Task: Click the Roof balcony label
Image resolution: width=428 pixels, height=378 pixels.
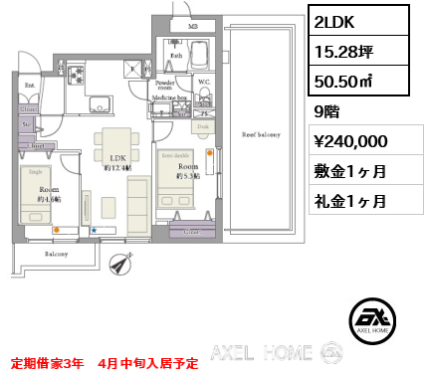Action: (x=261, y=133)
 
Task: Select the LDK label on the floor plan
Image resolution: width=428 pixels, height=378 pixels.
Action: (x=117, y=158)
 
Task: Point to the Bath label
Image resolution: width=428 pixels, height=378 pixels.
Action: (x=175, y=57)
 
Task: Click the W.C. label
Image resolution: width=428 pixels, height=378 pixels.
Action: (x=204, y=82)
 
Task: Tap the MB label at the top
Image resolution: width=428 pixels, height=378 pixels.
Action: (x=193, y=25)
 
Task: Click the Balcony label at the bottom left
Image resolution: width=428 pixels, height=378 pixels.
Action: (x=55, y=255)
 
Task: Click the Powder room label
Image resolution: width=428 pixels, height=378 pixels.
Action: (x=164, y=87)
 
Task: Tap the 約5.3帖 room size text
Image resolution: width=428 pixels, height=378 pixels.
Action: (x=189, y=175)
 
